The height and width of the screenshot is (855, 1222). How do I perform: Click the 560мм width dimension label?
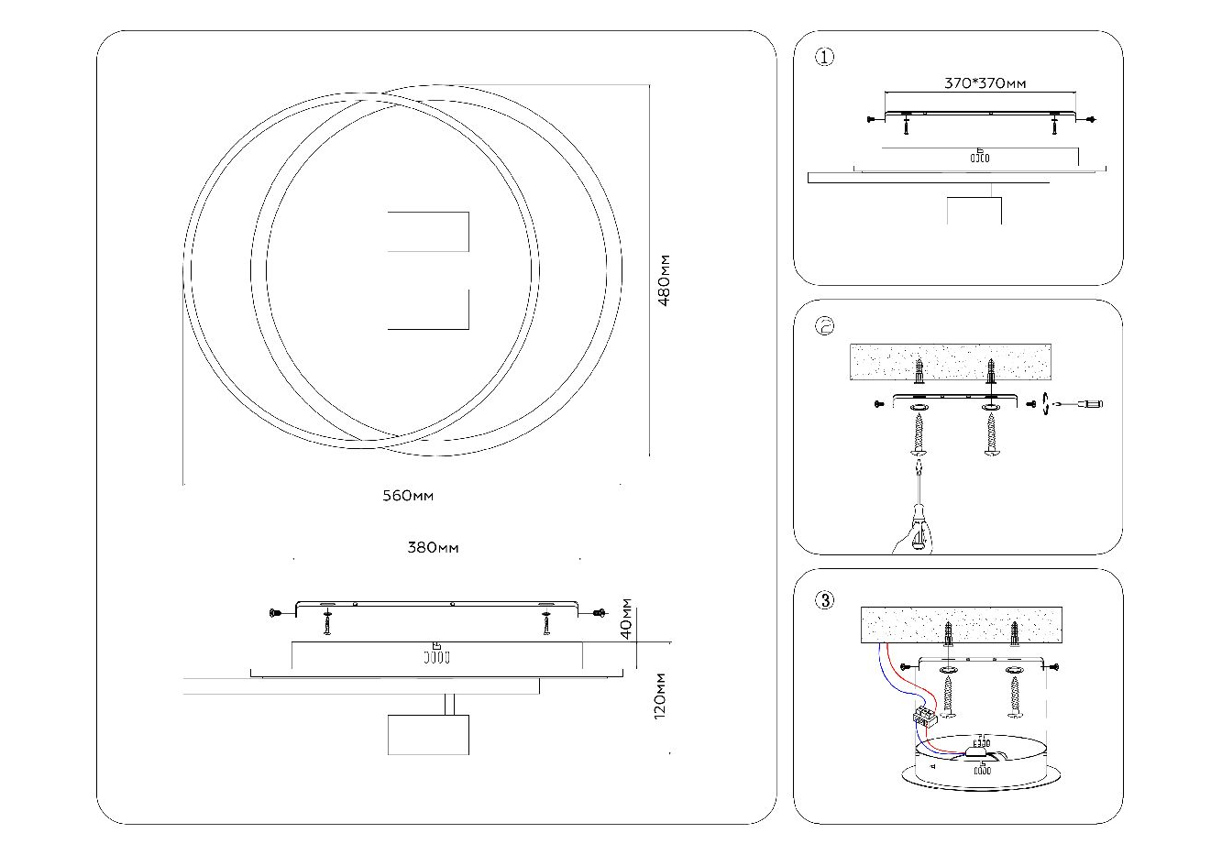pyautogui.click(x=408, y=497)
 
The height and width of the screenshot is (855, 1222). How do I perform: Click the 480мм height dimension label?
pyautogui.click(x=666, y=281)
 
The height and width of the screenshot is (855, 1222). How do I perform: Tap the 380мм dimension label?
pyautogui.click(x=433, y=548)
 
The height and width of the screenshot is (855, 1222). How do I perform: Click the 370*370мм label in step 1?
pyautogui.click(x=985, y=83)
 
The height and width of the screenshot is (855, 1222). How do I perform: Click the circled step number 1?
pyautogui.click(x=824, y=58)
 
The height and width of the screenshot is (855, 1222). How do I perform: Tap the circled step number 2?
pyautogui.click(x=824, y=326)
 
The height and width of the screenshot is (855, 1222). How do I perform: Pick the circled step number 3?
pyautogui.click(x=824, y=601)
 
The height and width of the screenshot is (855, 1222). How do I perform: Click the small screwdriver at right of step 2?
pyautogui.click(x=1087, y=403)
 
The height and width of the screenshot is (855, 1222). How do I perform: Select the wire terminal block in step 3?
pyautogui.click(x=924, y=718)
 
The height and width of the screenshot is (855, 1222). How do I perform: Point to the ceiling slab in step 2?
pyautogui.click(x=950, y=364)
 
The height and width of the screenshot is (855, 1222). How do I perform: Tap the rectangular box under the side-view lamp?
pyautogui.click(x=428, y=735)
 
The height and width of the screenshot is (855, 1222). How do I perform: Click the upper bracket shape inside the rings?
pyautogui.click(x=429, y=232)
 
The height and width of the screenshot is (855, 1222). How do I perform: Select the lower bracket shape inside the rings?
pyautogui.click(x=429, y=310)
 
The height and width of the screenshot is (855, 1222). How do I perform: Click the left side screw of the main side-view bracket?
pyautogui.click(x=273, y=612)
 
